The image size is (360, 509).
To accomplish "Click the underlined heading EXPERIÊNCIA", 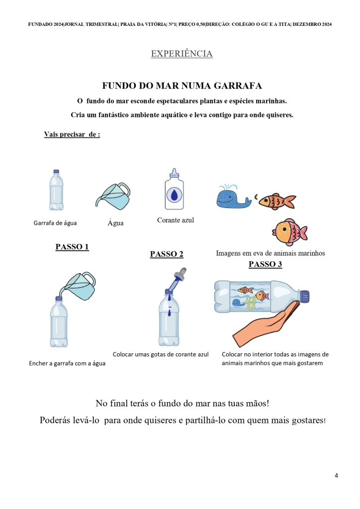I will click(181, 54).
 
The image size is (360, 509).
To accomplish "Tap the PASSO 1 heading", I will click(72, 247).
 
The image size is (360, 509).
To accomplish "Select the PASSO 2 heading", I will click(167, 254).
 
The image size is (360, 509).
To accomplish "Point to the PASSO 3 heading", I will click(265, 264).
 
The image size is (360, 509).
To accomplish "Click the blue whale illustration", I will click(229, 197).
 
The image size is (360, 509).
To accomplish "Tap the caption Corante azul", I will click(176, 220).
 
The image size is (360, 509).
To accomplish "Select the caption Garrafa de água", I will click(55, 223).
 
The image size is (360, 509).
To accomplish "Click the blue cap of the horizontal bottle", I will click(305, 295).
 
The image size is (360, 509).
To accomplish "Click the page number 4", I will click(336, 475).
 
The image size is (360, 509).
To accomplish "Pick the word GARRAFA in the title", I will click(237, 86).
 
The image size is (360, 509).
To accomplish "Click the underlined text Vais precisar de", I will click(72, 134).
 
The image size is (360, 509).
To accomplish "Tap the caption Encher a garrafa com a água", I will click(67, 363).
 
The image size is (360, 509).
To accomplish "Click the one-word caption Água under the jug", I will click(115, 223).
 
